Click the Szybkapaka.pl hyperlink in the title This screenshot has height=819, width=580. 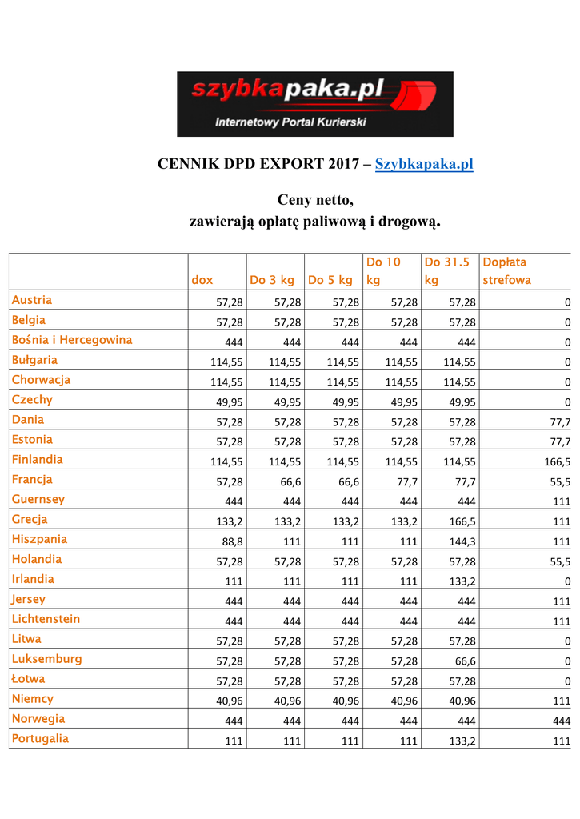424,165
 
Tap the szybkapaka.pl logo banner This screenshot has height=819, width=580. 315,104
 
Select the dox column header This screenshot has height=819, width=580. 202,280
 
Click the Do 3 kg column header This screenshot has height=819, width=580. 272,280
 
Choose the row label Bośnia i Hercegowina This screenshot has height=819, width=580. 72,340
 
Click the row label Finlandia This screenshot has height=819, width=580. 37,460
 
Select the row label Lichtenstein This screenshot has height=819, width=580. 46,619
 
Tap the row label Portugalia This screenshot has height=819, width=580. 40,738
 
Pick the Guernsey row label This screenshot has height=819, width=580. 38,499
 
